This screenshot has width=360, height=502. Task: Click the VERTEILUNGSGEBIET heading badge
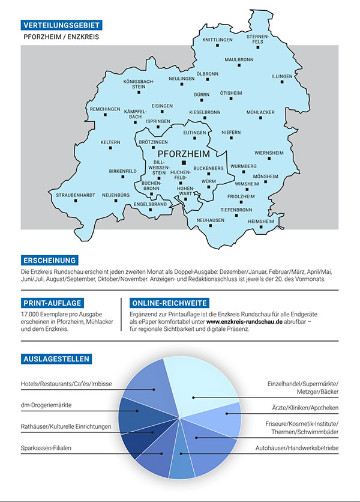click(x=60, y=25)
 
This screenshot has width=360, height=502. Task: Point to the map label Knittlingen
click(x=217, y=40)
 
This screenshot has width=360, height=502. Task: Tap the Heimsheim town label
click(x=260, y=221)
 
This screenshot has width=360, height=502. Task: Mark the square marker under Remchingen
click(x=105, y=116)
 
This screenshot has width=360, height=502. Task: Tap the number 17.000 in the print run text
click(x=30, y=314)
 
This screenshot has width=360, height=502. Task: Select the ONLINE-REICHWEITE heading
click(x=169, y=303)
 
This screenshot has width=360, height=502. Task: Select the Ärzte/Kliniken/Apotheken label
click(x=305, y=408)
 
